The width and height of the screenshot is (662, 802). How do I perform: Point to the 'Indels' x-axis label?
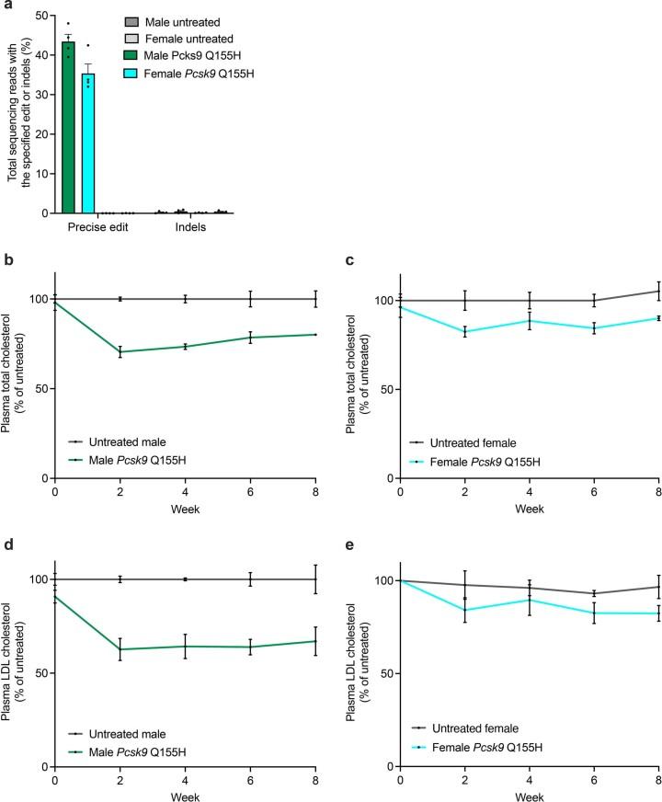[x=190, y=227]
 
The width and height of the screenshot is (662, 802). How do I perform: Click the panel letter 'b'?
[x=6, y=262]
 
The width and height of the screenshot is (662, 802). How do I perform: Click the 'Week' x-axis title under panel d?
[x=185, y=792]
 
